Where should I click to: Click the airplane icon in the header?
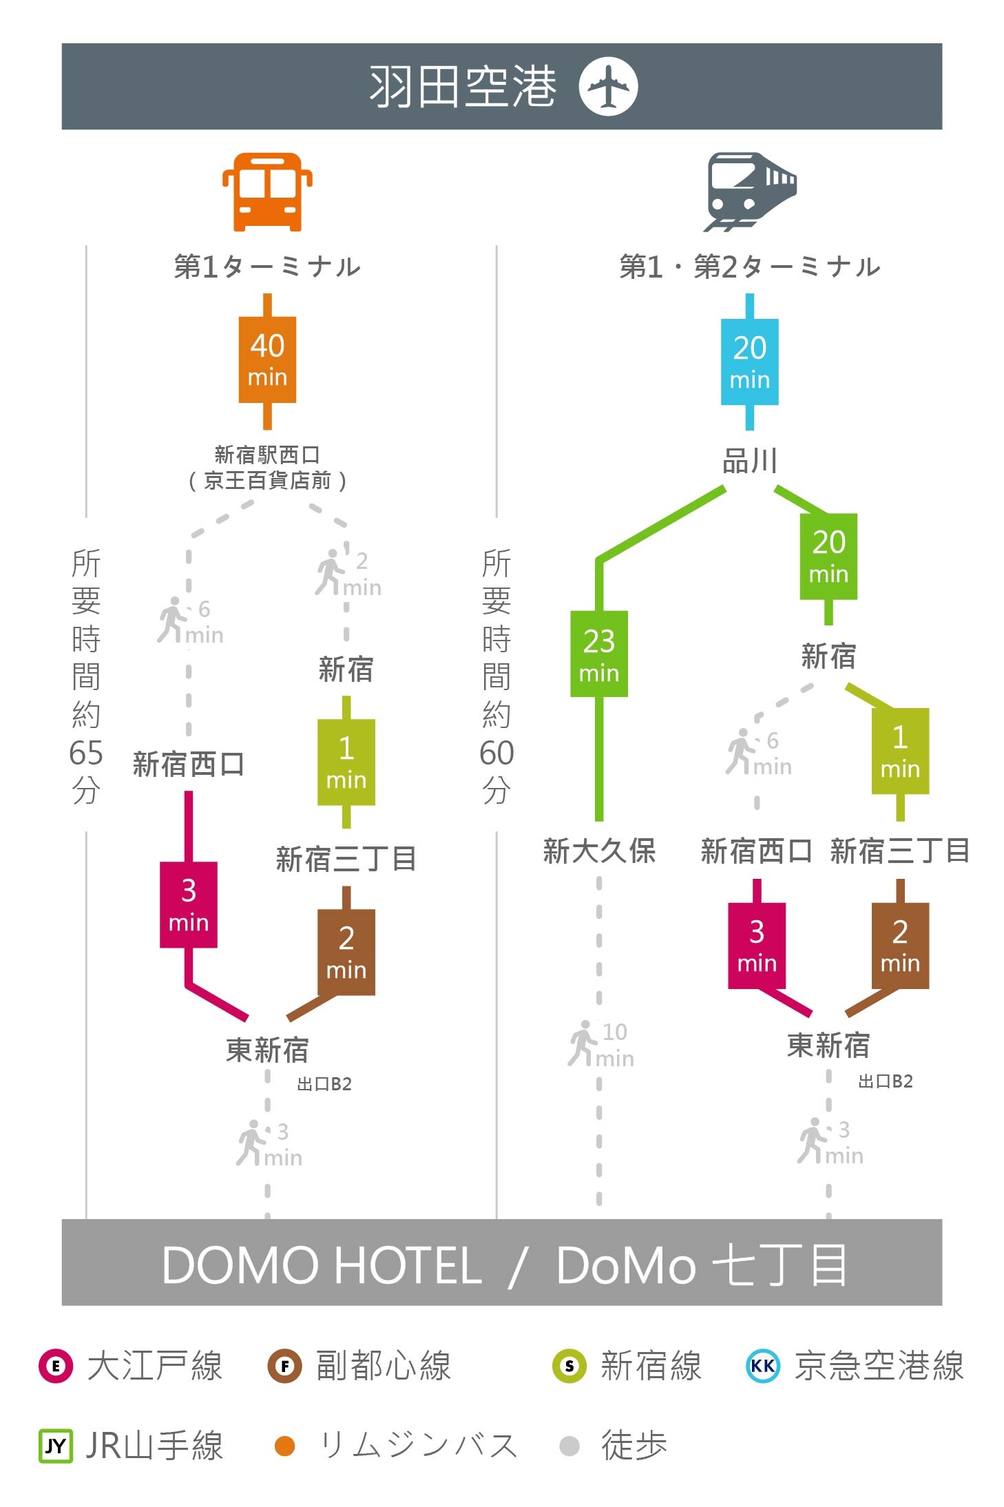click(608, 86)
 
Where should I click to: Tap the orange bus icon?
click(267, 191)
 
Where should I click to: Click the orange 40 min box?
click(267, 360)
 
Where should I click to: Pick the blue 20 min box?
click(750, 362)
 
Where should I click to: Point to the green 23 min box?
click(599, 654)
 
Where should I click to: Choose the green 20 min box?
click(828, 557)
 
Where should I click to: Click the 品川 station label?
click(750, 461)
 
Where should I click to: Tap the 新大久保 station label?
click(599, 851)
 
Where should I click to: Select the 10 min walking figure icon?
click(583, 1043)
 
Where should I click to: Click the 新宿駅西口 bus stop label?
click(267, 455)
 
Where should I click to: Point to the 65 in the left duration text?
click(86, 753)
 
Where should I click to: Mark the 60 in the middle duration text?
click(496, 753)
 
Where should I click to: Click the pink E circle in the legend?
click(56, 1366)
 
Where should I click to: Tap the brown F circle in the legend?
click(284, 1366)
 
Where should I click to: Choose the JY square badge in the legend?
click(56, 1445)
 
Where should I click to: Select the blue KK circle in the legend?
click(763, 1366)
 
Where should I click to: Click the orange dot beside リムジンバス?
click(284, 1446)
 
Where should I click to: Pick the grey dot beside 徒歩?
click(569, 1446)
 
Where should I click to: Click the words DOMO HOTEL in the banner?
click(322, 1265)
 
